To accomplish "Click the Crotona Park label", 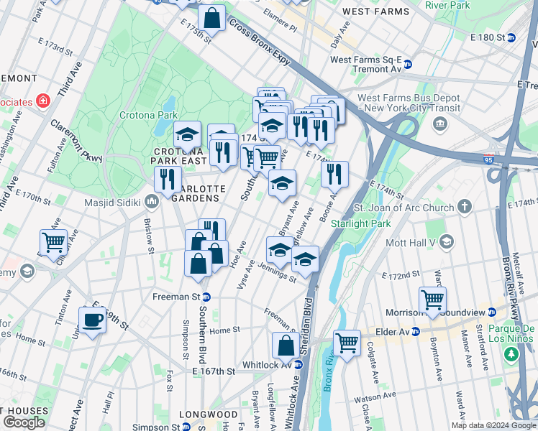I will coord(157,115).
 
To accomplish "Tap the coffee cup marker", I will coord(92,320).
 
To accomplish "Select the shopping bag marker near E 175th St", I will coord(211,20).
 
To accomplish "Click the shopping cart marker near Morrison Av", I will coord(432,300).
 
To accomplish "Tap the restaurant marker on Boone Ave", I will coord(334,174).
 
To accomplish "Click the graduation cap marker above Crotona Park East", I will coord(187,135).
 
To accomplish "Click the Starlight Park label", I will coord(360,223).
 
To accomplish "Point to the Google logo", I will coord(24,422).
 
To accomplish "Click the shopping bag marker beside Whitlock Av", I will coord(286,346).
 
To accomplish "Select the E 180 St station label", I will coord(493,37).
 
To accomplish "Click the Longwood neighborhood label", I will coord(208,414).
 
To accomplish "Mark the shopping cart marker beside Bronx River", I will coord(347,343).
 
